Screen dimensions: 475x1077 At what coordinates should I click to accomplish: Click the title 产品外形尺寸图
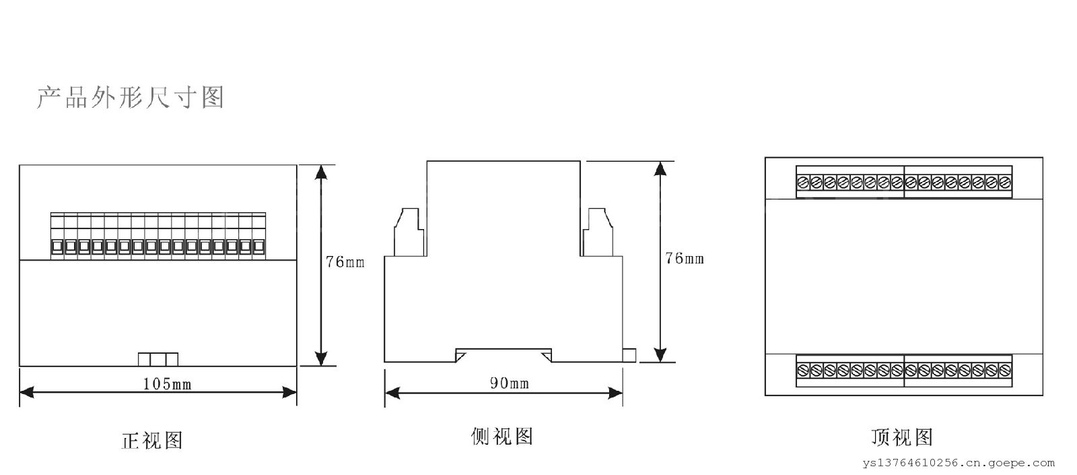point(129,98)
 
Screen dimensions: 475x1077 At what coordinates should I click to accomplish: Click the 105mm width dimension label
point(168,384)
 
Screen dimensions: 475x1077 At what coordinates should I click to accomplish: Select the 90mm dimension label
point(508,383)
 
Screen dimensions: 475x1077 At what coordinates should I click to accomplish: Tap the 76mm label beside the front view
point(345,262)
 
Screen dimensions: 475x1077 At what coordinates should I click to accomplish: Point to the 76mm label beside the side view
point(684,258)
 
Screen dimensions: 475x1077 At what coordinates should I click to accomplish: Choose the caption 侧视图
point(502,437)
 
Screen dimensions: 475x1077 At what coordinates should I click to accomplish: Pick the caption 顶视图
point(901,437)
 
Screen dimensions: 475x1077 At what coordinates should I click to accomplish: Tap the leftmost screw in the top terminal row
point(803,182)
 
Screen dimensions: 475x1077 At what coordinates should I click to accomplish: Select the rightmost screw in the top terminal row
point(1005,182)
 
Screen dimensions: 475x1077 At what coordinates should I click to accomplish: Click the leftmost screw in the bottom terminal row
point(803,370)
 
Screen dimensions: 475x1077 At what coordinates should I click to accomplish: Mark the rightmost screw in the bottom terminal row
point(1005,370)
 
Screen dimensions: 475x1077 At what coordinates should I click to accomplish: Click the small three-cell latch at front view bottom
point(158,358)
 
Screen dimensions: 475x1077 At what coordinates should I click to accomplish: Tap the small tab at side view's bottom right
point(629,355)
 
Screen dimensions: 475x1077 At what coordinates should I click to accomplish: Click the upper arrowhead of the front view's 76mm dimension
point(322,171)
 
